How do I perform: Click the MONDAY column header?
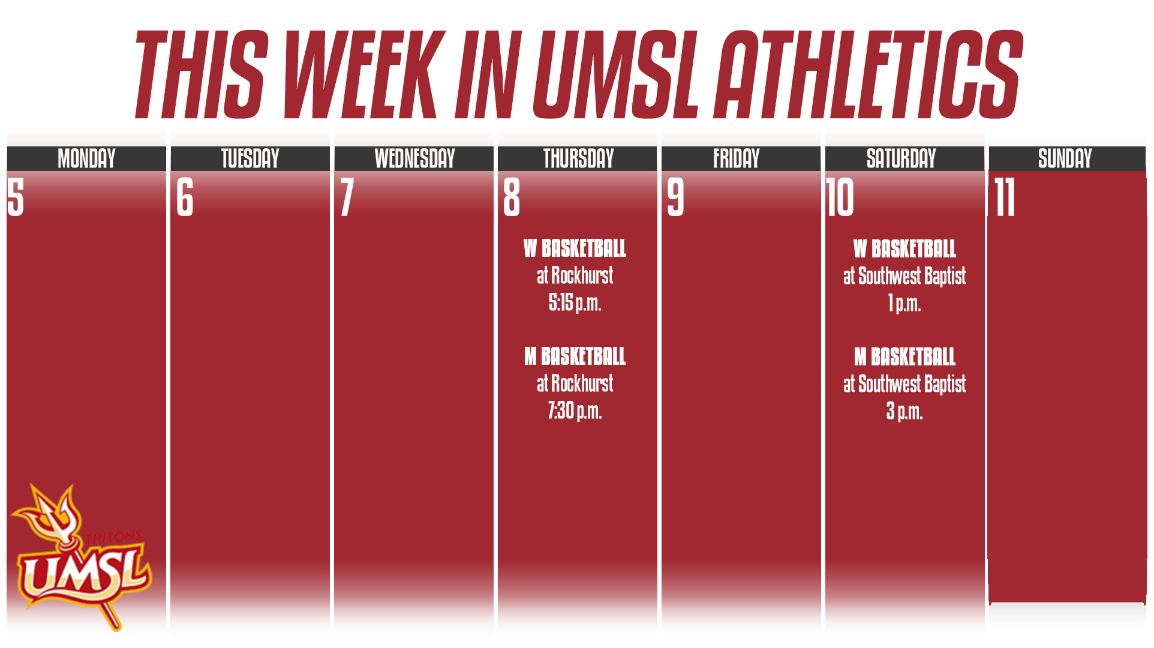point(86,158)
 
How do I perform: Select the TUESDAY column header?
point(250,158)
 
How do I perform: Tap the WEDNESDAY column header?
point(414,158)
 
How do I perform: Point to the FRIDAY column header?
point(736,158)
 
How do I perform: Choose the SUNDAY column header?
point(1065,158)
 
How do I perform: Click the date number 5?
point(16,197)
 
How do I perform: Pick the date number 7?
point(347,197)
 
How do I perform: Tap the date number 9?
point(675,197)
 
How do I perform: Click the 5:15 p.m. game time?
point(575,303)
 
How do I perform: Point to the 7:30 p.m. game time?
point(575,411)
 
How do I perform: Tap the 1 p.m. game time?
point(904,304)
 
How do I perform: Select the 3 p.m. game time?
point(904,412)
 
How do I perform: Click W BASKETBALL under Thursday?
point(575,248)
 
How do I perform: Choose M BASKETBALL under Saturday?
point(904,357)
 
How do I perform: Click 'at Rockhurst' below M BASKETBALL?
point(575,383)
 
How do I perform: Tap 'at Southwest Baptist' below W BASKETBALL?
point(904,276)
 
